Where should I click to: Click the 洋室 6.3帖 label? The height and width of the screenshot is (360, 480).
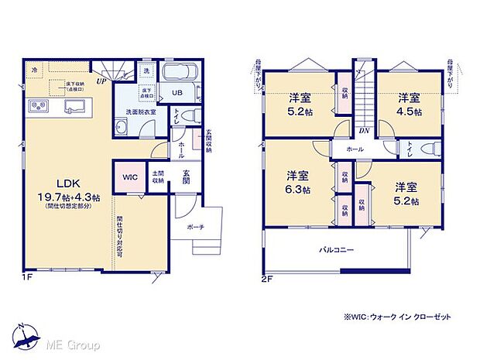point(297,183)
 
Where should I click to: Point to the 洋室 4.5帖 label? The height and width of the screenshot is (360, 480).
point(409,105)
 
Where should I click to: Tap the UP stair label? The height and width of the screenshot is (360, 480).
point(101,80)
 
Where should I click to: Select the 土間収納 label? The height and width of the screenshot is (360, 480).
point(158,177)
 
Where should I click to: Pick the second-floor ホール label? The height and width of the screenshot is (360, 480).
point(355,149)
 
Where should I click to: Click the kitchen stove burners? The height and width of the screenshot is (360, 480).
point(39,105)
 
